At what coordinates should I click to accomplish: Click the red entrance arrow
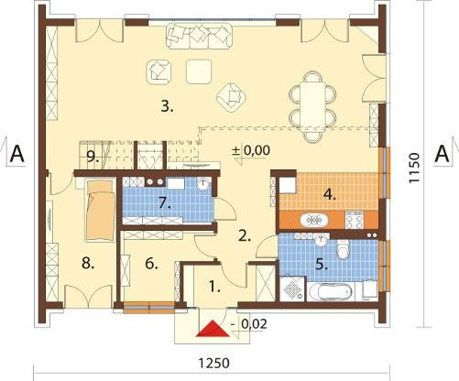[x=213, y=330]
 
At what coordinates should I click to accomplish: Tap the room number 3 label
[x=167, y=107]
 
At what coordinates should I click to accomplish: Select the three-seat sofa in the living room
[x=200, y=36]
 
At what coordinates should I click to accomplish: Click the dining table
[x=312, y=107]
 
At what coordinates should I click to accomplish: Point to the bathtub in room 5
[x=331, y=291]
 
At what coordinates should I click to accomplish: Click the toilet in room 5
[x=344, y=247]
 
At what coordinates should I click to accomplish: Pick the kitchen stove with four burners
[x=355, y=221]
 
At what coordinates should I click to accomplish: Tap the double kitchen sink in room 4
[x=314, y=220]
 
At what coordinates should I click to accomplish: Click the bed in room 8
[x=100, y=210]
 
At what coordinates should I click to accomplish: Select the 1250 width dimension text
[x=213, y=364]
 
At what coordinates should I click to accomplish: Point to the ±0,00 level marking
[x=251, y=151]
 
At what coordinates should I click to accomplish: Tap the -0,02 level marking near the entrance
[x=249, y=324]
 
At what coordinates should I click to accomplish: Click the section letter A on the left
[x=16, y=154]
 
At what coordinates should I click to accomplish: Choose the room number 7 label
[x=165, y=203]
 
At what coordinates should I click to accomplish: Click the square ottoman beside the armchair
[x=199, y=71]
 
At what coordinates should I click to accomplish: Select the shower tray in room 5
[x=292, y=289]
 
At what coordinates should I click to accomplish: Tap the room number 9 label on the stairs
[x=92, y=157]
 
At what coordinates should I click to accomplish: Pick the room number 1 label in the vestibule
[x=214, y=287]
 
